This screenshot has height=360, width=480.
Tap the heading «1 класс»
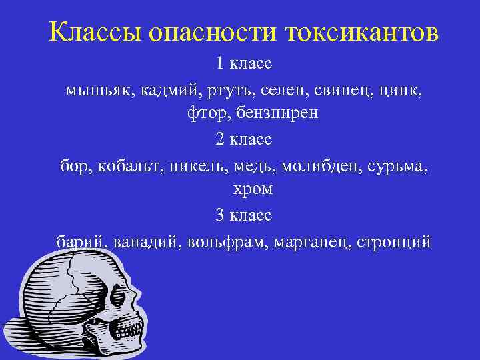click(243, 64)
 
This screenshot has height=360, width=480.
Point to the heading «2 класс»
click(243, 139)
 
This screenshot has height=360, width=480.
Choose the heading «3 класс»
click(243, 215)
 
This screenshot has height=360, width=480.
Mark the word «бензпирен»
click(275, 114)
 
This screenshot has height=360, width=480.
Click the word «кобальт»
click(126, 165)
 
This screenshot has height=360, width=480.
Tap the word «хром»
click(253, 189)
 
